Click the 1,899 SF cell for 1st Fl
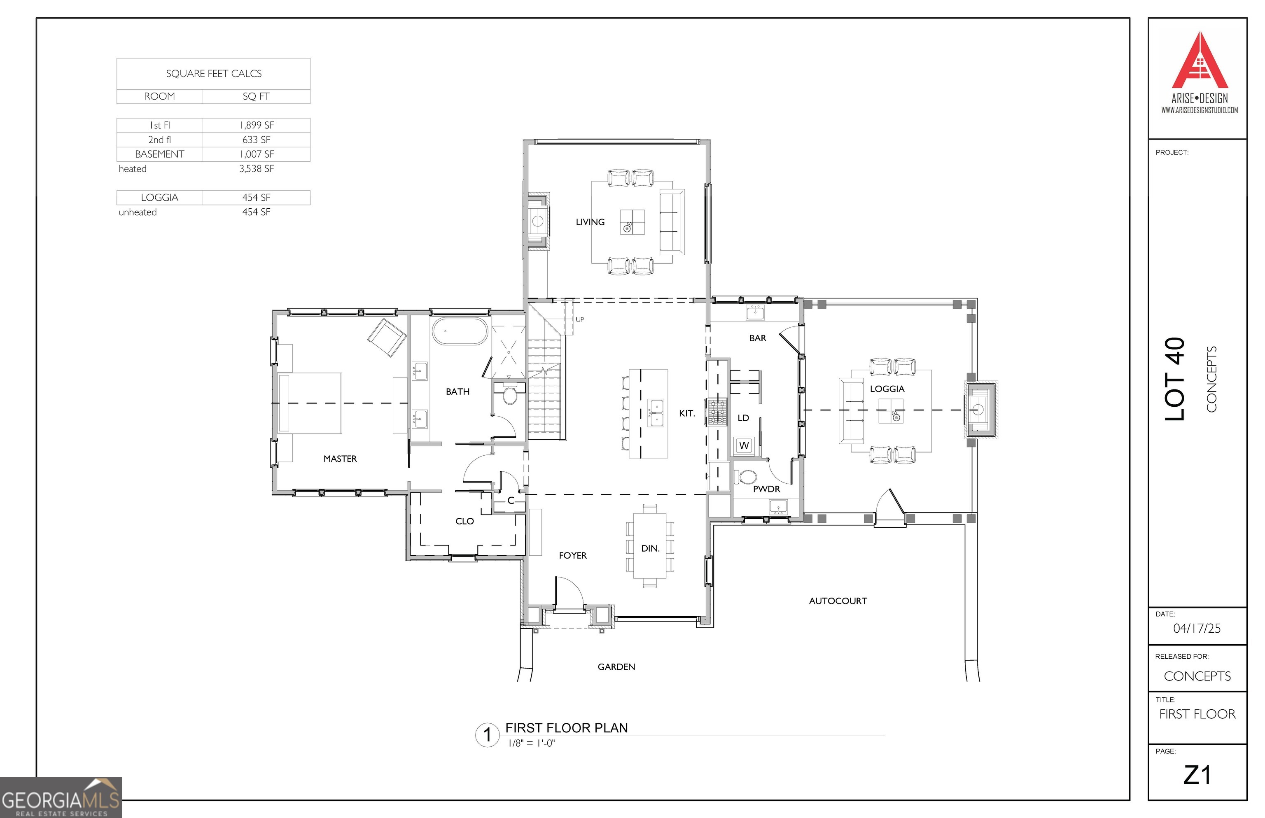click(256, 126)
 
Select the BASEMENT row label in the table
click(159, 154)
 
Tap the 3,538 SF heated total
click(256, 169)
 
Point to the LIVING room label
click(590, 222)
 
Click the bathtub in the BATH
click(460, 331)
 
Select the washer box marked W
click(744, 445)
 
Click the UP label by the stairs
click(580, 319)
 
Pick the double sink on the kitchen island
click(656, 413)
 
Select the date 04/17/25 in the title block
click(1197, 628)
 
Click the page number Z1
click(1197, 775)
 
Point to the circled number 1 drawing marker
click(487, 735)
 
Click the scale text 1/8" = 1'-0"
click(531, 743)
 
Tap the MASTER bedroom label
click(340, 458)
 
